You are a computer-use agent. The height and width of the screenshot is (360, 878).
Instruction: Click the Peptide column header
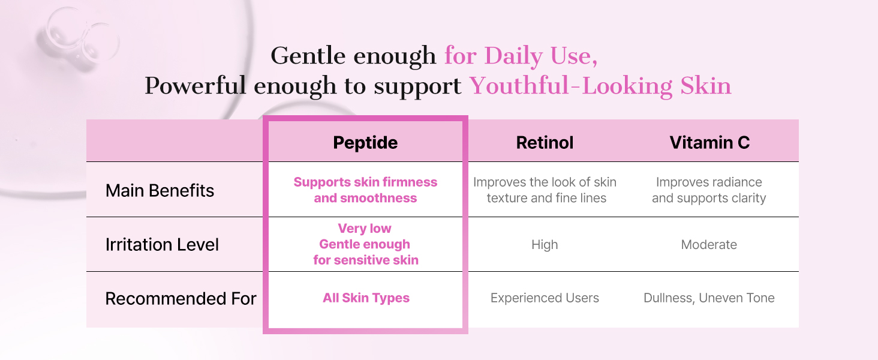pos(365,142)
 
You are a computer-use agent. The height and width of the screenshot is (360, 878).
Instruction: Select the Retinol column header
pos(545,142)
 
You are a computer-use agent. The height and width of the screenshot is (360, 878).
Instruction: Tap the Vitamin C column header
pos(709,142)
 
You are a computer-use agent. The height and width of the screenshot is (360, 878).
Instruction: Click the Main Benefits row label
pos(160,191)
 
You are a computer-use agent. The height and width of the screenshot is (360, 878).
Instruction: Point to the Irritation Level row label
pos(162,245)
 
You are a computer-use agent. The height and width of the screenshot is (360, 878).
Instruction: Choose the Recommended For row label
pos(181,298)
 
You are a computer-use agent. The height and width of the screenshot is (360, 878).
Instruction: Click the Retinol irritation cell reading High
pos(545,245)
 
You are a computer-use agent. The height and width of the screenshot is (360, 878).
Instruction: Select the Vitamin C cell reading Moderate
pos(709,245)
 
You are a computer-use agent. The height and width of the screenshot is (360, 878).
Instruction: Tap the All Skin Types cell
pos(366,298)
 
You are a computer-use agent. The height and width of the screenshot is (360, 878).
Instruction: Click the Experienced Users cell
pos(545,298)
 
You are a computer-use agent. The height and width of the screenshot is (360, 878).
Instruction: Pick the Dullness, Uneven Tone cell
pos(709,298)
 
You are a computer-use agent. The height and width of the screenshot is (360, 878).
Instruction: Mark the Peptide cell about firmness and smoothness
pos(365,190)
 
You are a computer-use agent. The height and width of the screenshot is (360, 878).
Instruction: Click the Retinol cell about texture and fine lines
pos(545,190)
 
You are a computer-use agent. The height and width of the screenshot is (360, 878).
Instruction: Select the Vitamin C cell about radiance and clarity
pos(709,190)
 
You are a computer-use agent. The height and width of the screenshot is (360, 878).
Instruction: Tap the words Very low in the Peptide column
pos(365,228)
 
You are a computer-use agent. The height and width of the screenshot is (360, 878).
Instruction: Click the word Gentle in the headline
pos(308,56)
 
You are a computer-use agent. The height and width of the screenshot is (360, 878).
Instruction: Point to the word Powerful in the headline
pos(195,85)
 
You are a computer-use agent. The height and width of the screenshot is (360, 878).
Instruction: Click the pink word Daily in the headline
pos(513,56)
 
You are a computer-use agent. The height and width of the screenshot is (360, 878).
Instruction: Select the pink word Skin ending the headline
pos(705,85)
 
